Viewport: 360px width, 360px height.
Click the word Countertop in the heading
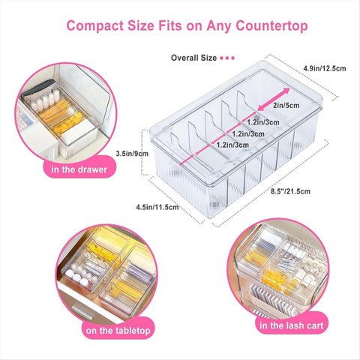click(x=271, y=26)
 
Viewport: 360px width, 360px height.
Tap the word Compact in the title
click(x=95, y=26)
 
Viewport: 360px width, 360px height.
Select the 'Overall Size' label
click(x=193, y=58)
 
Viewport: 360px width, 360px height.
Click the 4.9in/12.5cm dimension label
click(x=325, y=68)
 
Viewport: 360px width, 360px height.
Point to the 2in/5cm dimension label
click(x=286, y=105)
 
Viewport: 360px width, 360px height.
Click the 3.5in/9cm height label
click(x=132, y=154)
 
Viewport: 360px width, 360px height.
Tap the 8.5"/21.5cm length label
click(x=290, y=191)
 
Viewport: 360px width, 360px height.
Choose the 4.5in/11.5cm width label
click(x=157, y=207)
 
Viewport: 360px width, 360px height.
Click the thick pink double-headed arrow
click(x=273, y=99)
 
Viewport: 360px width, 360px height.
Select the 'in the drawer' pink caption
click(x=79, y=169)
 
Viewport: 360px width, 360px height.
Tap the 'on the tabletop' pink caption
click(x=118, y=331)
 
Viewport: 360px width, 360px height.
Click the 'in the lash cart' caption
click(x=292, y=325)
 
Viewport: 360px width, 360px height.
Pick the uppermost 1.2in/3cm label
click(x=263, y=122)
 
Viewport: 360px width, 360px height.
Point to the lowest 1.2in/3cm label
click(x=232, y=145)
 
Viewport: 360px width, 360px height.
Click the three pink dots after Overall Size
click(x=227, y=58)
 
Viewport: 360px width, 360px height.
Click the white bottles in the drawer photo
click(x=47, y=100)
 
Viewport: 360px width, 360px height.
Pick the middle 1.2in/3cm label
click(x=248, y=133)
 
